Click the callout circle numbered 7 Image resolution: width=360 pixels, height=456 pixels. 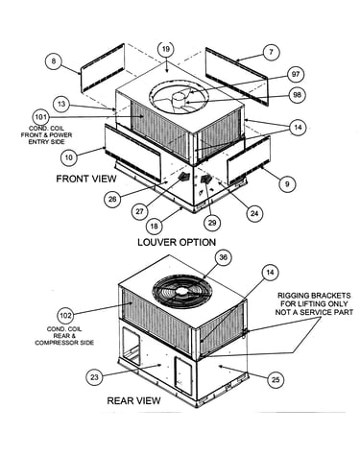[x=272, y=52]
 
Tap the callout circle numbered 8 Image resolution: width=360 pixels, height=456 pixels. [x=54, y=60]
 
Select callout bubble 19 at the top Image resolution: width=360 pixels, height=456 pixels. [x=166, y=50]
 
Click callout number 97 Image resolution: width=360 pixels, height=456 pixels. [x=296, y=74]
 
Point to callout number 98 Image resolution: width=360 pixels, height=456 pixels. [x=298, y=95]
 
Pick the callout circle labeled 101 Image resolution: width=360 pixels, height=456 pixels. [x=41, y=117]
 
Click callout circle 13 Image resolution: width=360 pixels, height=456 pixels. [x=61, y=104]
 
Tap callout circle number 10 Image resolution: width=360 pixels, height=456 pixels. [x=69, y=157]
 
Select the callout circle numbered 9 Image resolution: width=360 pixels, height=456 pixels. [x=287, y=184]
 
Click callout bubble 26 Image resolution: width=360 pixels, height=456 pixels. [x=112, y=200]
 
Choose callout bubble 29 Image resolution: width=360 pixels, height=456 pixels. [x=212, y=223]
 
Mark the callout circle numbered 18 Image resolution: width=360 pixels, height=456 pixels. [x=155, y=227]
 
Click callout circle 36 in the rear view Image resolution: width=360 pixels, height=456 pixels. [x=223, y=257]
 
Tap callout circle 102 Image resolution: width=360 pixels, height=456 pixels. [x=65, y=316]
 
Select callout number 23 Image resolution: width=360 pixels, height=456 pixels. [x=94, y=377]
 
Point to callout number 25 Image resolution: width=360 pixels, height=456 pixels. [x=276, y=380]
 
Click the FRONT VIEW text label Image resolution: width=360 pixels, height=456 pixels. [x=86, y=179]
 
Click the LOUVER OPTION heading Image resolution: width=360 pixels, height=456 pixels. [x=177, y=242]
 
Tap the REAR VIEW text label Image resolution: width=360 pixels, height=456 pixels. [x=133, y=400]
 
